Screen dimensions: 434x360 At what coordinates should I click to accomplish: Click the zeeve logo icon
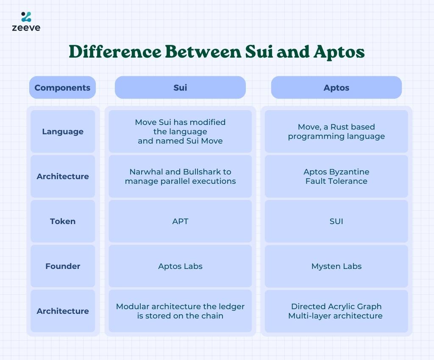tap(26, 17)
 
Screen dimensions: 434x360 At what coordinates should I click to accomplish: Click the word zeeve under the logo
tap(26, 28)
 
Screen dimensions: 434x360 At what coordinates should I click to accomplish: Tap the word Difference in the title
tap(115, 51)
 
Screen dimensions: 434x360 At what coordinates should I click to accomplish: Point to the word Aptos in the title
tap(339, 52)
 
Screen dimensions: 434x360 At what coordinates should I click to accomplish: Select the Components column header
tap(63, 87)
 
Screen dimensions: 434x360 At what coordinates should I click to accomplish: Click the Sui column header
tap(180, 87)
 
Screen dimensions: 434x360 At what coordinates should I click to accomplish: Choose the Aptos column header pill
tap(336, 87)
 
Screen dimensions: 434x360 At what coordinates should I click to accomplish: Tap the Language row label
tap(63, 131)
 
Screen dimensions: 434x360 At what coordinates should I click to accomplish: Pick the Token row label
tap(63, 221)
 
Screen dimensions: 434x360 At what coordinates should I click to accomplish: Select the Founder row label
tap(63, 266)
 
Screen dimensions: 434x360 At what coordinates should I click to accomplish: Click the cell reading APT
tap(180, 221)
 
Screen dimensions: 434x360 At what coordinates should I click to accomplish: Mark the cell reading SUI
tap(336, 221)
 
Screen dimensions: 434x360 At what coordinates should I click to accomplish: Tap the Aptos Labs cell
tap(180, 266)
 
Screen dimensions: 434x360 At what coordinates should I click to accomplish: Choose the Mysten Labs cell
tap(336, 266)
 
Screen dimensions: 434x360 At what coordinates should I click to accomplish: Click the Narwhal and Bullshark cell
tap(180, 176)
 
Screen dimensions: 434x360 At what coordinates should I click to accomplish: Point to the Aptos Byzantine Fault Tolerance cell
tap(336, 176)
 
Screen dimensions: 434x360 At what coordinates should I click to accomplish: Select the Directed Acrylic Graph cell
tap(336, 311)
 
